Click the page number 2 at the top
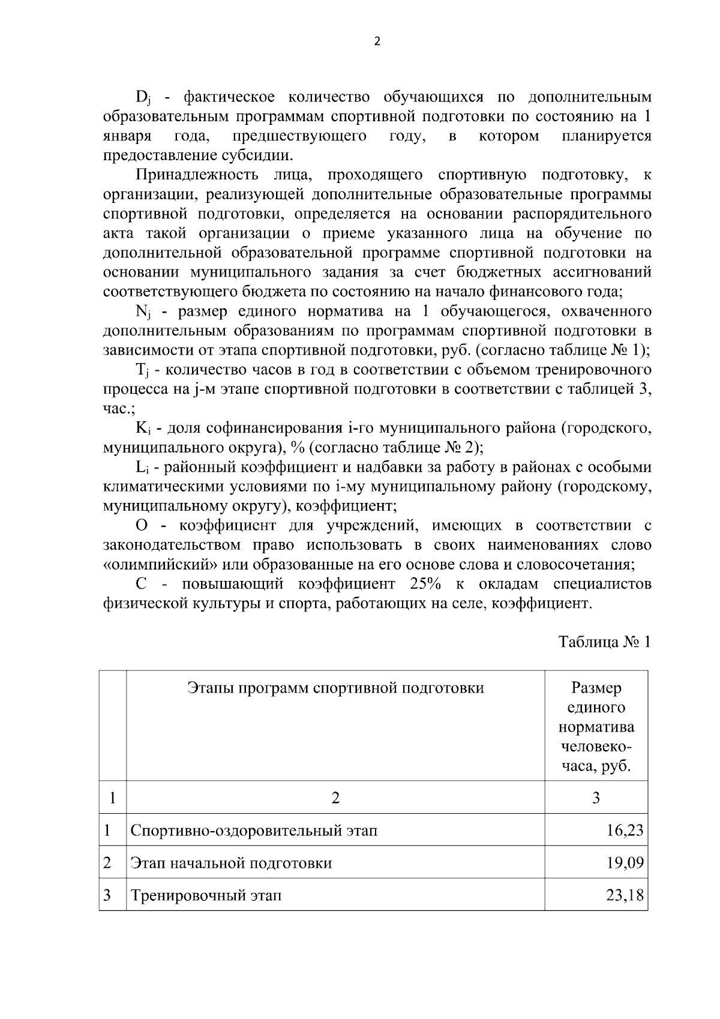click(377, 41)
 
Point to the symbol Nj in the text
click(143, 312)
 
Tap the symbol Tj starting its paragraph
click(142, 370)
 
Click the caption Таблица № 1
click(605, 642)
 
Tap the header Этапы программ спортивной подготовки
click(335, 688)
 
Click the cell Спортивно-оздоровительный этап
click(254, 831)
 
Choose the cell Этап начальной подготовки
click(231, 864)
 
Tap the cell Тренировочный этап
click(206, 896)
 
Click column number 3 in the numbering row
click(596, 798)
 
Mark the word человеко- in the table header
click(596, 747)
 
